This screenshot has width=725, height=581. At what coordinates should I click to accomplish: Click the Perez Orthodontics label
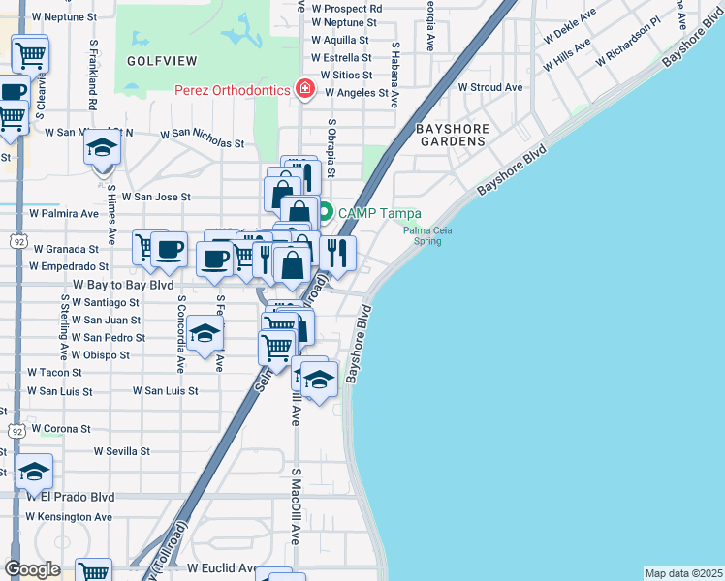233,90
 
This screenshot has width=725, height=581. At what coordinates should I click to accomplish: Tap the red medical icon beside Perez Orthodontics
305,90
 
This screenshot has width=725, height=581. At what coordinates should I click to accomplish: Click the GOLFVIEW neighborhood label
162,61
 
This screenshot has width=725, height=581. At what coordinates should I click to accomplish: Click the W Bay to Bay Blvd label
123,286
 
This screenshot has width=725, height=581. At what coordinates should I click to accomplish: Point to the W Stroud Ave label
490,87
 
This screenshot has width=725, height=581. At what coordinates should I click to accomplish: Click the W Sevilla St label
122,451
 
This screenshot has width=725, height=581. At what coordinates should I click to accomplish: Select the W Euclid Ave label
223,567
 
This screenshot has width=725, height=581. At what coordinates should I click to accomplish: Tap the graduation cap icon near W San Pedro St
205,334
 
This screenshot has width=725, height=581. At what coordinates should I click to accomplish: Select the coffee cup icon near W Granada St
170,248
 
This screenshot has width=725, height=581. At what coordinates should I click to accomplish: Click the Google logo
33,569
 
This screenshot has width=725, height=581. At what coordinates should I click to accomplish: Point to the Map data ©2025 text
682,573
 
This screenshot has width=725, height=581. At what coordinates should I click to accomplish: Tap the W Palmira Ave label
64,213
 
